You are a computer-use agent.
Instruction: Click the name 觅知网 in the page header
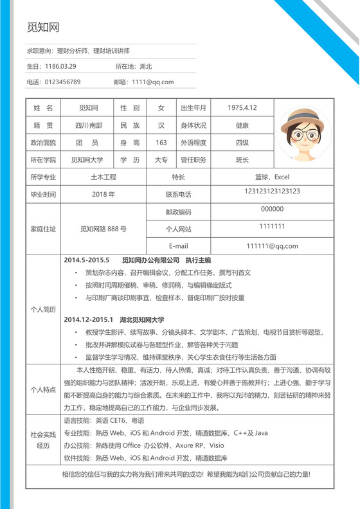point(43,28)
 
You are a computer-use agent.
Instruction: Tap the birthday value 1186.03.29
point(61,66)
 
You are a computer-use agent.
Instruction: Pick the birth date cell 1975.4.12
point(242,107)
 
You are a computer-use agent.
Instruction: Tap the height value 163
point(161,142)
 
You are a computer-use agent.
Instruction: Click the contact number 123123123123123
point(273,192)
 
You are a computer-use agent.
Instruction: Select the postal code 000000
point(273,209)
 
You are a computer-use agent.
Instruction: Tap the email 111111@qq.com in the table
point(273,246)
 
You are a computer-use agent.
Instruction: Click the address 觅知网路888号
point(104,228)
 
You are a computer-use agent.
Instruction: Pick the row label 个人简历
point(43,309)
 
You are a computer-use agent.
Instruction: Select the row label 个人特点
point(43,389)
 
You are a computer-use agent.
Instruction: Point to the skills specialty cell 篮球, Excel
point(273,177)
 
